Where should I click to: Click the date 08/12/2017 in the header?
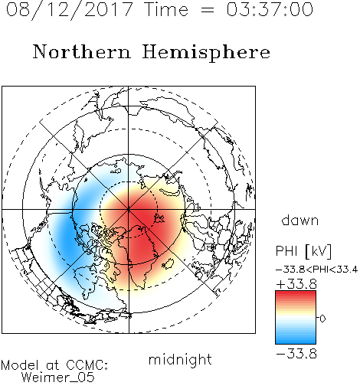(70, 10)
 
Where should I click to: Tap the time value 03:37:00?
(270, 9)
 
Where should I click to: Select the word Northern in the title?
(82, 51)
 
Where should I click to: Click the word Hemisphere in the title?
(206, 53)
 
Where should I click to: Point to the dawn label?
(300, 220)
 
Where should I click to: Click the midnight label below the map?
(180, 360)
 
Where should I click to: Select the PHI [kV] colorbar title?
(303, 251)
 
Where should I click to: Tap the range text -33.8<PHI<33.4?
(317, 270)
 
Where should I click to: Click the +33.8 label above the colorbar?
(296, 284)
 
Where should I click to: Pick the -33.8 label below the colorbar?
(296, 354)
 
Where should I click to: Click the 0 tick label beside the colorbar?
(322, 319)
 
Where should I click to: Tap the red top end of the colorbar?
(296, 293)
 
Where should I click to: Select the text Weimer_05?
(58, 378)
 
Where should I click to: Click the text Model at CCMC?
(54, 365)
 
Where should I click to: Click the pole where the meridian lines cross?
(129, 210)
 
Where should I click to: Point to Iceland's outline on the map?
(168, 263)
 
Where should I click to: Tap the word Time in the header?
(166, 9)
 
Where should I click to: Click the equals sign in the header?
(208, 10)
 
